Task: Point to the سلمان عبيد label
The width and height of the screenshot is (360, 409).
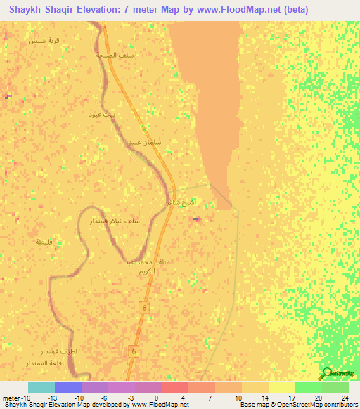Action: [x=144, y=142]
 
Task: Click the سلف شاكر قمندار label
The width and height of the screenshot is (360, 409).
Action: [x=115, y=221]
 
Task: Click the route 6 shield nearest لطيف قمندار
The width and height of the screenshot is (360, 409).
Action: [x=132, y=351]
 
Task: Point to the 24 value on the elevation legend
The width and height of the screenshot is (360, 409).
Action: [x=345, y=397]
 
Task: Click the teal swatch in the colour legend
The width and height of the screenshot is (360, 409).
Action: [x=41, y=387]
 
